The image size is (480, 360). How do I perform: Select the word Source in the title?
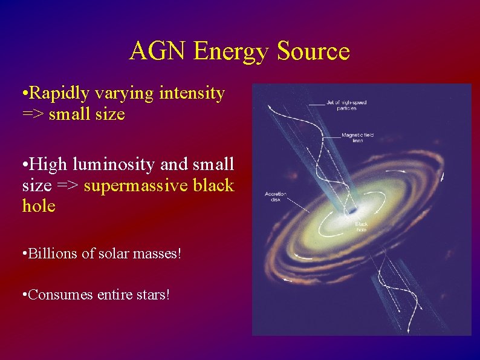313,51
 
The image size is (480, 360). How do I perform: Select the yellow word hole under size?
39,206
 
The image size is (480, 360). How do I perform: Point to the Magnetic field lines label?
357,137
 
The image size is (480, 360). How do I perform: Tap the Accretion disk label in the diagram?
276,197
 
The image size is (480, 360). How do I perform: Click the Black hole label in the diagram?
362,227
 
